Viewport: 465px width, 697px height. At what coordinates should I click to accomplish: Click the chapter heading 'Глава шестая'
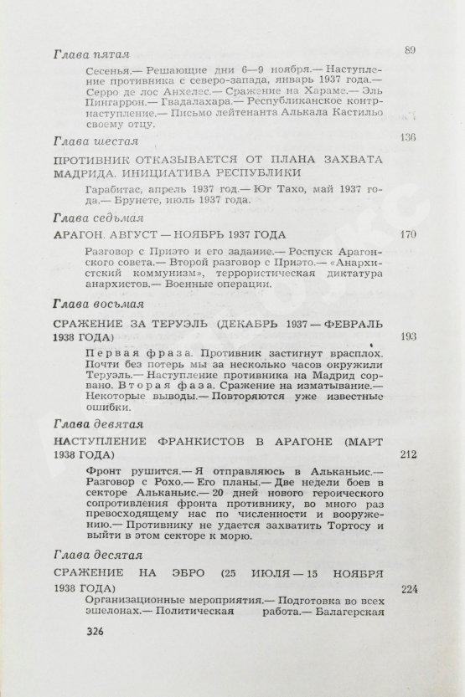click(x=86, y=140)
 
